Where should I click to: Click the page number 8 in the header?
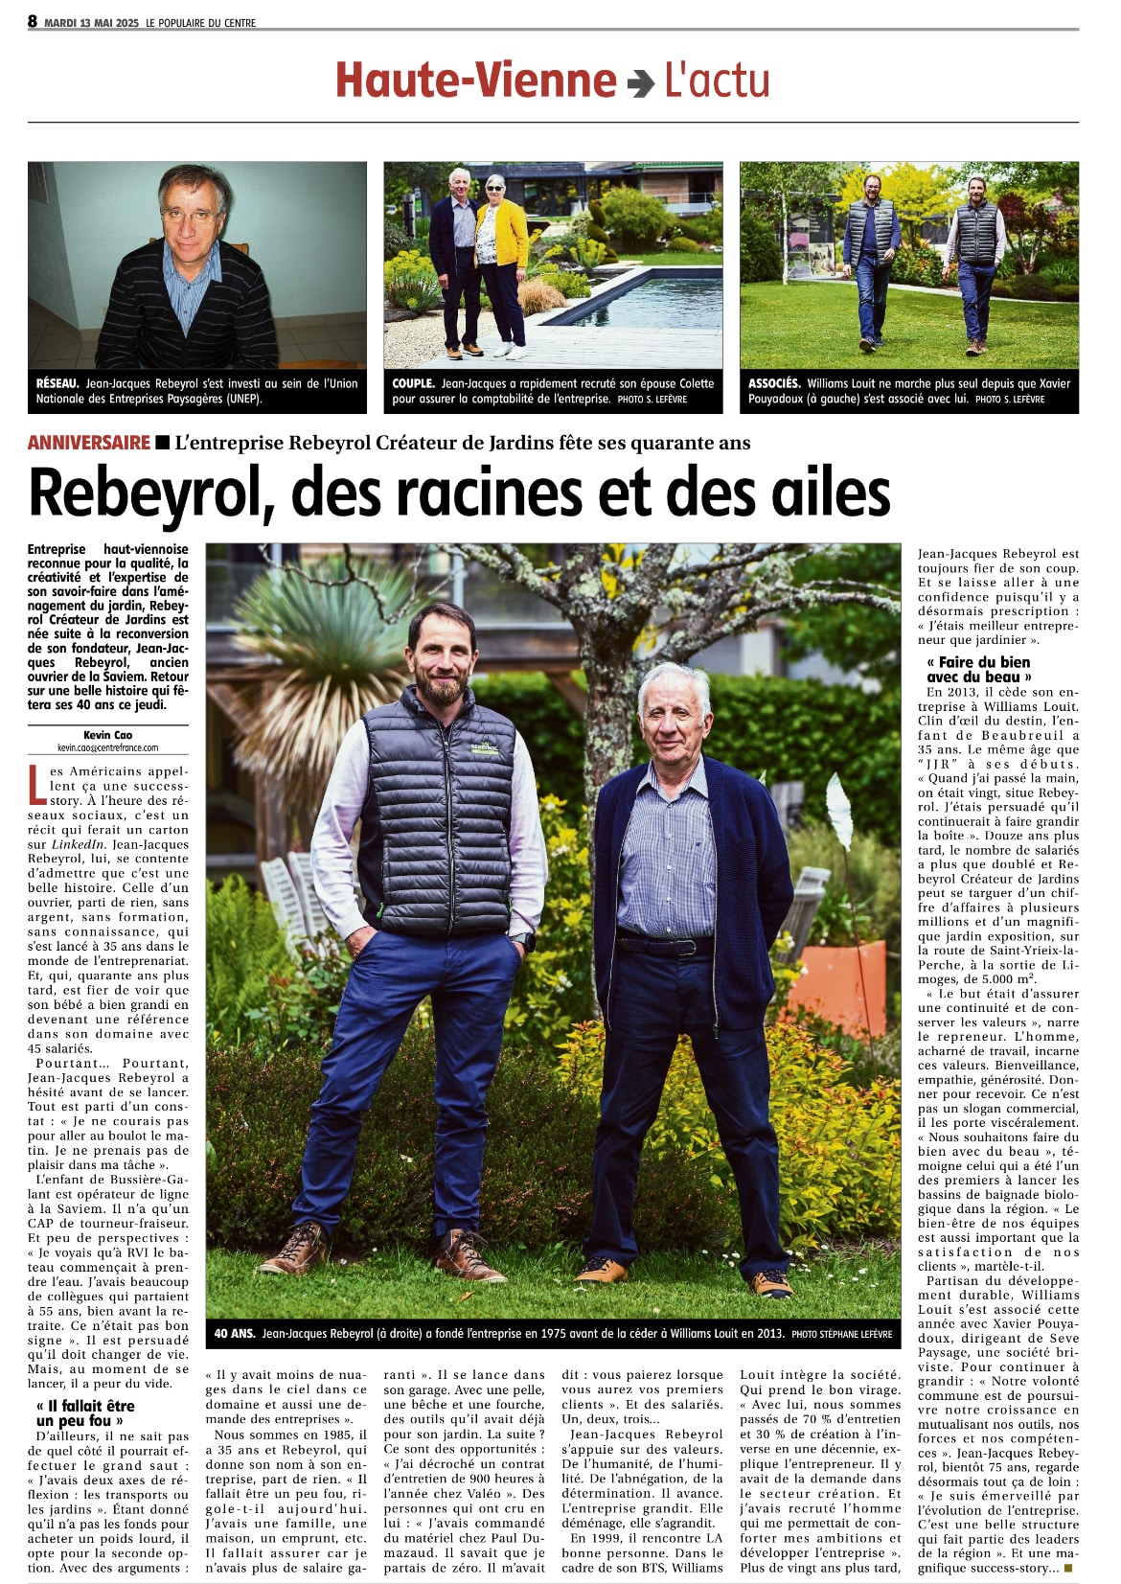33,21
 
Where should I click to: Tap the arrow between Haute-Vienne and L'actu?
640,84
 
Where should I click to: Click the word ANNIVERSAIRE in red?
89,442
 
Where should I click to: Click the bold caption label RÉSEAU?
58,383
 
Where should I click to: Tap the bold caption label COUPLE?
413,383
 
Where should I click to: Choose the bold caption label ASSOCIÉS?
774,383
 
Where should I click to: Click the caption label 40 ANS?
234,1333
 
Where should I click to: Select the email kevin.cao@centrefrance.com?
107,747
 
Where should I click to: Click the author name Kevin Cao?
107,736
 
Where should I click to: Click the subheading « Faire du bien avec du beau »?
978,669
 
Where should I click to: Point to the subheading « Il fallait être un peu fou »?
85,1412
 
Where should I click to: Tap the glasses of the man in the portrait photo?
191,217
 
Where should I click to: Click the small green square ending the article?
1068,1568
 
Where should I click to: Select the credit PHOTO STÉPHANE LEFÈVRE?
842,1334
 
